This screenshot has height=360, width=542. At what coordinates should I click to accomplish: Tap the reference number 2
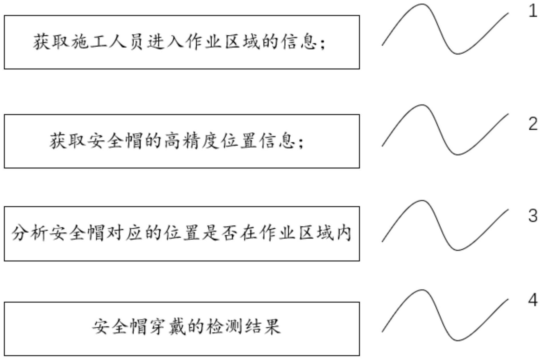[533, 124]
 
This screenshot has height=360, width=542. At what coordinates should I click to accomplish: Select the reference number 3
[533, 216]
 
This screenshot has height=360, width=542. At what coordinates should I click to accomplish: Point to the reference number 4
[533, 300]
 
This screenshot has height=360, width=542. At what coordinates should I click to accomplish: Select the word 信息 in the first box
[299, 42]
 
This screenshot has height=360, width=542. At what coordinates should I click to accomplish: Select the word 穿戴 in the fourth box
[167, 326]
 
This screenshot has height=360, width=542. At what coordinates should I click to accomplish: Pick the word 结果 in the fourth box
[263, 326]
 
